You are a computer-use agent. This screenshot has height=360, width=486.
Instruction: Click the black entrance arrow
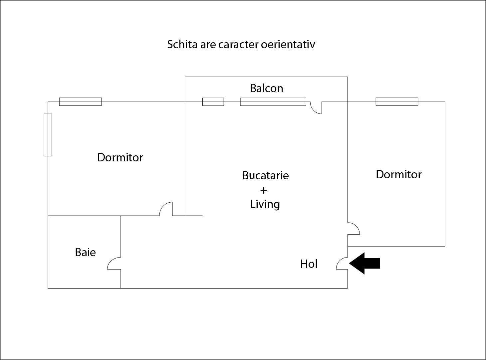[x=365, y=263]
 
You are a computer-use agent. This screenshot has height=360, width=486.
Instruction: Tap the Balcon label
[x=267, y=88]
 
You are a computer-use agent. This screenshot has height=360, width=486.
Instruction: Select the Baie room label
[x=85, y=252]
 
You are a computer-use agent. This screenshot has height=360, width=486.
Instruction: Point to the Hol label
[x=309, y=264]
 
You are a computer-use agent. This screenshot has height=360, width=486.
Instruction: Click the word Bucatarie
[x=265, y=175]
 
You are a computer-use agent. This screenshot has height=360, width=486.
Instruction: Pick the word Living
[x=265, y=204]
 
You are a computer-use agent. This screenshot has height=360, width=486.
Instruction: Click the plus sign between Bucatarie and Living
[x=263, y=190]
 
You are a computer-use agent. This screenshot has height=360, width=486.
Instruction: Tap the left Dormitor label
[x=120, y=157]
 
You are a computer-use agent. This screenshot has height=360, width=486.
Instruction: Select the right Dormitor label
[x=398, y=174]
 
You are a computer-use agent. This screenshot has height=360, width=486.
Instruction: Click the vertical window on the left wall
[x=48, y=135]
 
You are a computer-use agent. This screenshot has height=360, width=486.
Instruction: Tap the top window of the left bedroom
[x=80, y=101]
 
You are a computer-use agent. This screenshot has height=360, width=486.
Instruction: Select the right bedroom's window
[x=397, y=101]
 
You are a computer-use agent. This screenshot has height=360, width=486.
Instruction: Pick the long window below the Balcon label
[x=273, y=101]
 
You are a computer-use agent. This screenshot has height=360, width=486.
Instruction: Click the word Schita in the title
[x=182, y=44]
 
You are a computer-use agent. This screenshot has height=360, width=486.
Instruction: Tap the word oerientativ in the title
[x=288, y=44]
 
